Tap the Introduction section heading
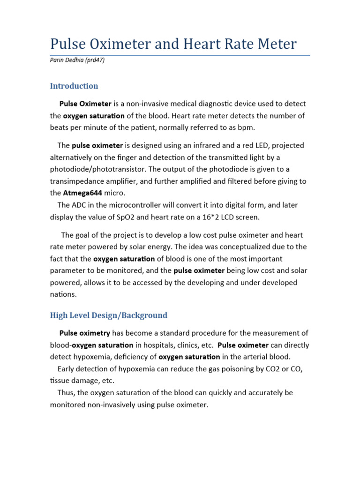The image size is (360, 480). [x=74, y=86]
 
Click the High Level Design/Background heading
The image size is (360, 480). [x=109, y=315]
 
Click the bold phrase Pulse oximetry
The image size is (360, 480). [x=85, y=333]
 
